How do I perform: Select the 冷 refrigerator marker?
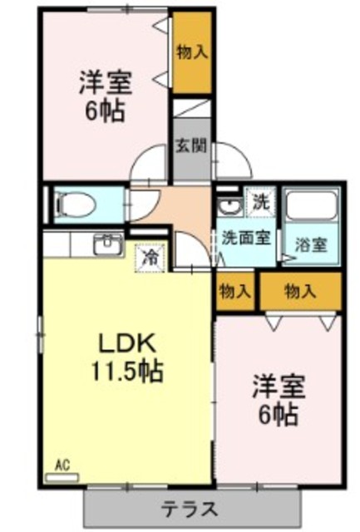pos(150,258)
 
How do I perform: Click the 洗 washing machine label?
pos(260,201)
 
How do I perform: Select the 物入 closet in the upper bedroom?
pos(191,52)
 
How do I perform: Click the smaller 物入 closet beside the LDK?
pos(235,291)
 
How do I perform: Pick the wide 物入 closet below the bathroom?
pos(300,291)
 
